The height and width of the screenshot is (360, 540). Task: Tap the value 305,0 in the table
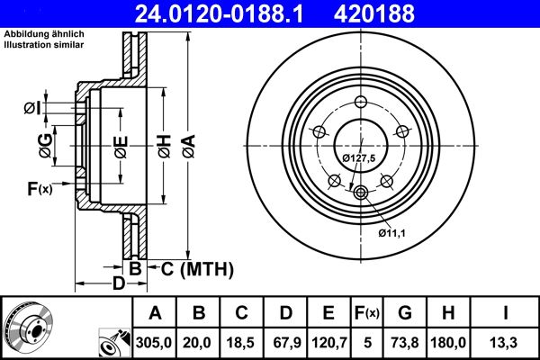tap(155, 343)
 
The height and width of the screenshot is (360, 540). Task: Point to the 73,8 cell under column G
tap(405, 343)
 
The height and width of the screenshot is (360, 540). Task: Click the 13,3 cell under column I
tap(506, 343)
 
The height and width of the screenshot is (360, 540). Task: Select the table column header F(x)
tap(367, 313)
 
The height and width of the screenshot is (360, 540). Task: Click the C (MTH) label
tap(191, 268)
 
